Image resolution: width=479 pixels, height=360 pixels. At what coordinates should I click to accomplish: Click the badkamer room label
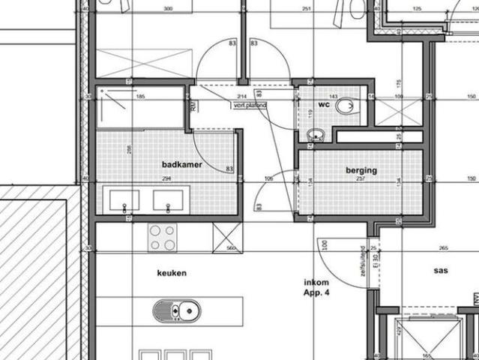181,163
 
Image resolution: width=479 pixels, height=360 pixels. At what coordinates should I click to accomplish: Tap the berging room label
361,170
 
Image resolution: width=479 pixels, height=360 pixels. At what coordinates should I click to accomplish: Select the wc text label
324,104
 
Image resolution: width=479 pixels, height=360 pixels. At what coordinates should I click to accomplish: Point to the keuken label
172,273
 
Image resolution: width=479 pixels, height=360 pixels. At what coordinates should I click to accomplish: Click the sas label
440,270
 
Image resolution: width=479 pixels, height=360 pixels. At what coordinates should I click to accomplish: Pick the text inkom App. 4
316,286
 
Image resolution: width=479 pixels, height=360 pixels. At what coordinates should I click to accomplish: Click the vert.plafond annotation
250,106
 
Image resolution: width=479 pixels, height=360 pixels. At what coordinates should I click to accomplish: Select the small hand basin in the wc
316,136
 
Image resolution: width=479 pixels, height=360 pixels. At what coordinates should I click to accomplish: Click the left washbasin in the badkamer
124,200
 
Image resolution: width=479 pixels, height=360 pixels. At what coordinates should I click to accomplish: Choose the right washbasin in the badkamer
167,200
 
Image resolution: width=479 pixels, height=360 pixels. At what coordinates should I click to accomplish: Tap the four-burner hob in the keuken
162,237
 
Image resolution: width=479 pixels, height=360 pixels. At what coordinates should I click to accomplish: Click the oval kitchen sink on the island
177,310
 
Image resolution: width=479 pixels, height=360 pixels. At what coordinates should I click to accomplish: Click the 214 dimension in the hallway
241,97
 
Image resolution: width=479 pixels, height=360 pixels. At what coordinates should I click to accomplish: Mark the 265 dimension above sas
444,248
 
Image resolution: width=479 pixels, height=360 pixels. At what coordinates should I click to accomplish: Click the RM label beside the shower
193,108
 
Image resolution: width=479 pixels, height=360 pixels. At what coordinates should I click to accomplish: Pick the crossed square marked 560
227,238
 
